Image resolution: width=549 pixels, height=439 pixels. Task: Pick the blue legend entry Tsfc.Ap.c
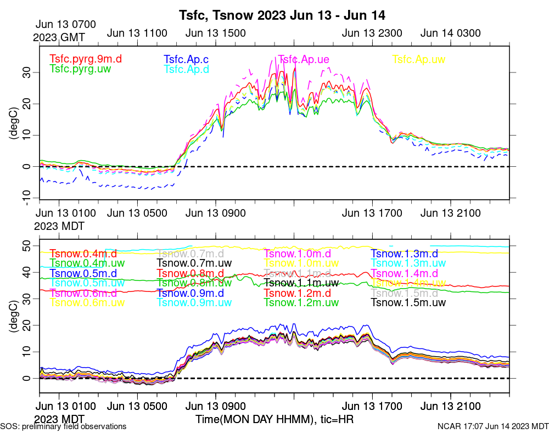point(186,59)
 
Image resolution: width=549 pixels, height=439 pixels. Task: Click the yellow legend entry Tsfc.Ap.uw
point(418,59)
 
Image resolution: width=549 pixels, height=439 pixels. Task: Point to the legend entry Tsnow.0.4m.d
point(83,254)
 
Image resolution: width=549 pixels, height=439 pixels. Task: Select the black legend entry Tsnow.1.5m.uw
point(408,302)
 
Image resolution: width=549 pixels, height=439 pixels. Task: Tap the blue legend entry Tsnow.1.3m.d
point(404,254)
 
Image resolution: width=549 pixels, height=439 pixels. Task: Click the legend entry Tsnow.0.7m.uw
point(190,263)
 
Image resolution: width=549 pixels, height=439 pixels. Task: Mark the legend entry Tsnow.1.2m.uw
point(301,302)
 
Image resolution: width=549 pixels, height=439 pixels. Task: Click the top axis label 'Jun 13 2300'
point(372,33)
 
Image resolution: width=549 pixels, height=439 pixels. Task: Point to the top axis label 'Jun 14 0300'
point(450,33)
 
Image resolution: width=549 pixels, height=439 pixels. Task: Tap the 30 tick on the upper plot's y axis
point(29,72)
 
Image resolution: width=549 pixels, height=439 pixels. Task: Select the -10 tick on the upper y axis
point(26,198)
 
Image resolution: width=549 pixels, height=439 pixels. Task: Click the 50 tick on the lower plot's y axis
point(29,245)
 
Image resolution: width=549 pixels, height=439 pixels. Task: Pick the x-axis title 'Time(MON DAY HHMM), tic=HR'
point(274,419)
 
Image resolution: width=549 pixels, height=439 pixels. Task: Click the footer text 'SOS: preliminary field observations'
point(63,426)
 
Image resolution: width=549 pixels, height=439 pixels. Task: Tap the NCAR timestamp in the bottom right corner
point(493,426)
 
